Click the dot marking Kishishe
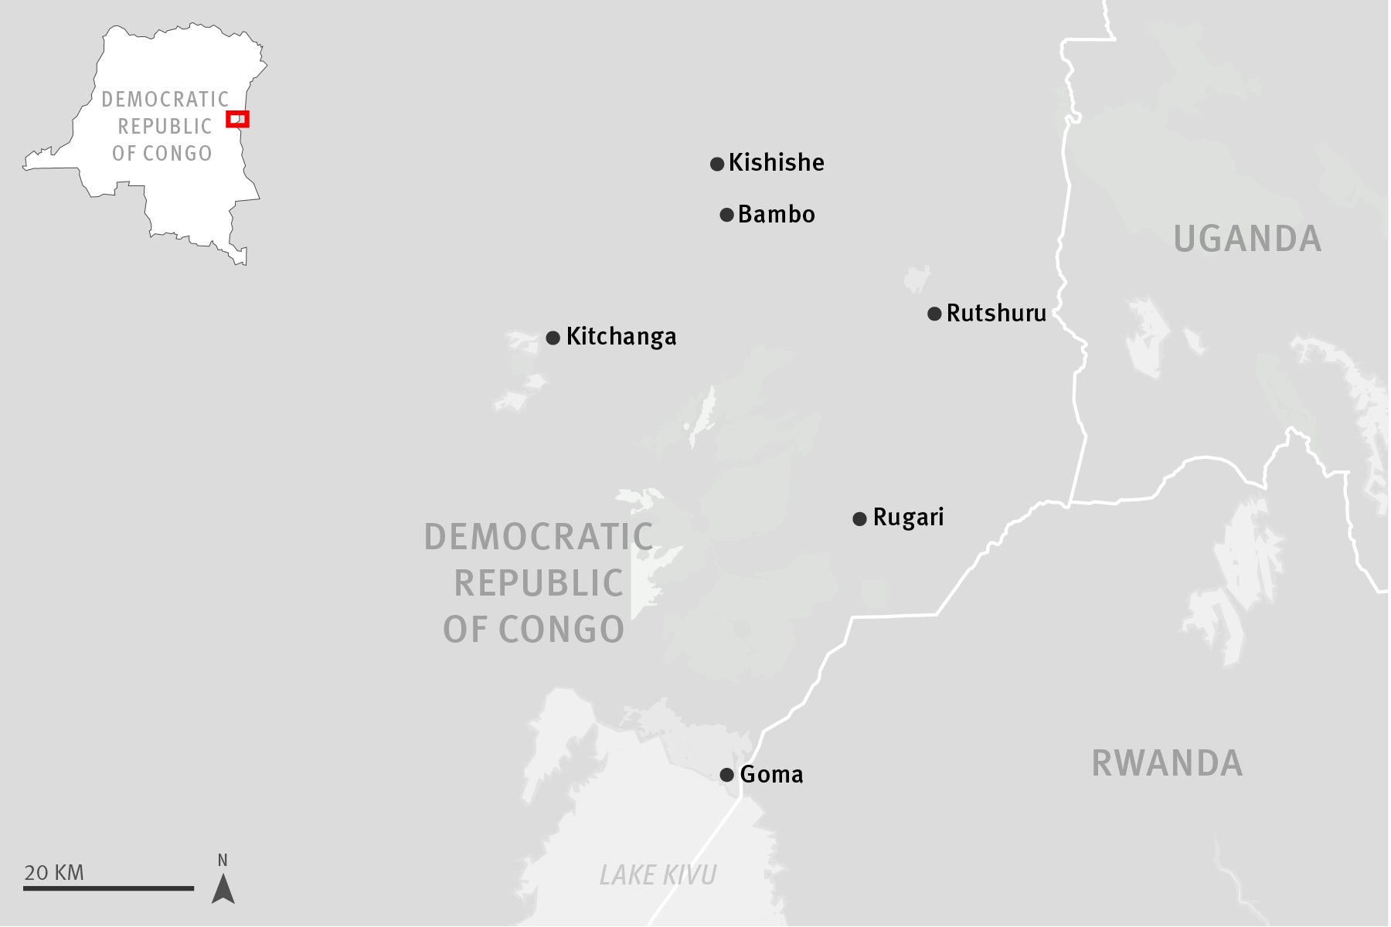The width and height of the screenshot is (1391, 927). [x=717, y=164]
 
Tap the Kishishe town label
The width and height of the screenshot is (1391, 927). [x=776, y=163]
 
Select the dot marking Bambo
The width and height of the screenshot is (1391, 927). [x=726, y=215]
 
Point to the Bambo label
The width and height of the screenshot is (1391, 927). [x=776, y=214]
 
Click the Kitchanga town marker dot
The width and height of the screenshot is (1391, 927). [x=553, y=338]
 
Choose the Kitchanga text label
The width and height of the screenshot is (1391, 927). [x=621, y=337]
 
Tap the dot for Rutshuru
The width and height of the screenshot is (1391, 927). [x=934, y=314]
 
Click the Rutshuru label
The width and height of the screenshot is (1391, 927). [x=996, y=313]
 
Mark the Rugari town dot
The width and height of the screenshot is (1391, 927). [x=859, y=518]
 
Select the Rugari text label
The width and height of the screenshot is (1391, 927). [x=908, y=517]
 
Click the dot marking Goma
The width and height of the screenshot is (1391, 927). [x=726, y=775]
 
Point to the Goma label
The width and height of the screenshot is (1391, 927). [x=771, y=774]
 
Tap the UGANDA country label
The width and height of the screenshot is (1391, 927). [x=1247, y=239]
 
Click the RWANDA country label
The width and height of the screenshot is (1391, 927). [x=1167, y=763]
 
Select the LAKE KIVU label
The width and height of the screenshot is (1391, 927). [x=658, y=875]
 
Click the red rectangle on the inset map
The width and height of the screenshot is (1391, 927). [x=237, y=119]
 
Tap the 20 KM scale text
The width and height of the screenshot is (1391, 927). [x=54, y=873]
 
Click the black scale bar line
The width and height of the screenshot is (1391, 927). [x=108, y=888]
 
